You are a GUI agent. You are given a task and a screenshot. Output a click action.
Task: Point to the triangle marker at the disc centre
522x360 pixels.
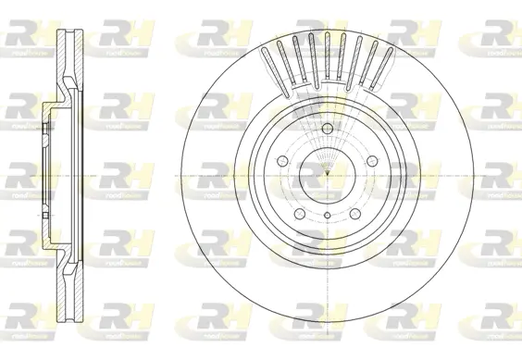point(329,173)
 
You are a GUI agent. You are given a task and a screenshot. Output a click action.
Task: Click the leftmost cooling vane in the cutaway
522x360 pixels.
point(270,65)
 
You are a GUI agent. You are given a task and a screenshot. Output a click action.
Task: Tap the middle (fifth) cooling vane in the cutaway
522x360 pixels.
point(329,54)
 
